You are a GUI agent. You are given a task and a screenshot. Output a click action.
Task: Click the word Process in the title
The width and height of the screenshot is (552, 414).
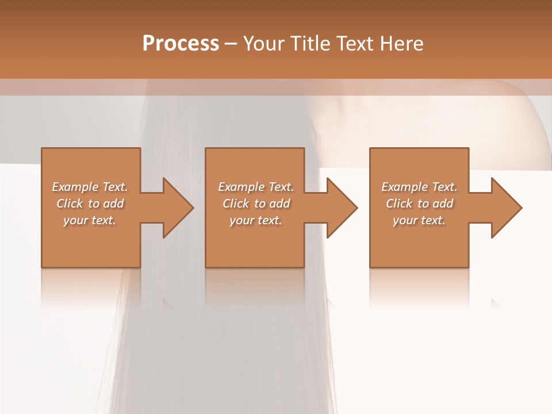coord(181,44)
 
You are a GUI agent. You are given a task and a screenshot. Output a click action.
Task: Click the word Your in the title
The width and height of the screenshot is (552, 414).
coord(263,44)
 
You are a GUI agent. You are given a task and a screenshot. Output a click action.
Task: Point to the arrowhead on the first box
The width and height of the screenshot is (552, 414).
coord(175,208)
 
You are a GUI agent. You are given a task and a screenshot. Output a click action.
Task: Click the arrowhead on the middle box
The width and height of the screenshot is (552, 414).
coord(339,208)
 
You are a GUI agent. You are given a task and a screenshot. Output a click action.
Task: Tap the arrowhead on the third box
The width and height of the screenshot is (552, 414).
coord(504,208)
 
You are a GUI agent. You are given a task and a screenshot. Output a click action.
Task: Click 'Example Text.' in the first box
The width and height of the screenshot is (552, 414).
coord(90,187)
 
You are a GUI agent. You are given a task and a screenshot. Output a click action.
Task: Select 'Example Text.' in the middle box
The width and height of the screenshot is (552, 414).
coord(256,187)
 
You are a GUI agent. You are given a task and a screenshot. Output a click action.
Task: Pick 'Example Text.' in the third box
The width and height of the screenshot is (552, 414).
coord(419,187)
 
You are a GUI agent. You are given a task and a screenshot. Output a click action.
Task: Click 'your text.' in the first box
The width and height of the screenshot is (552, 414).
coord(90,220)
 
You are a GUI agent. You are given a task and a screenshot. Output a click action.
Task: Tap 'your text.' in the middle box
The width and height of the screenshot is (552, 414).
coord(256,220)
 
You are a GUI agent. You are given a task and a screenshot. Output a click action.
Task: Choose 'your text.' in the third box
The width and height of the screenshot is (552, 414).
coord(419,220)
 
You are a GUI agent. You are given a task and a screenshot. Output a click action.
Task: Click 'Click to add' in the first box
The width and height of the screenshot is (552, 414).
coord(90,204)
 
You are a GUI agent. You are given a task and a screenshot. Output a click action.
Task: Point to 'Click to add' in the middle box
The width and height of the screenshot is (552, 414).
coord(256,204)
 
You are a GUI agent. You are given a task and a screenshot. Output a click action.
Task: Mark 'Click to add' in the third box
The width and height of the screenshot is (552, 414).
coord(419,204)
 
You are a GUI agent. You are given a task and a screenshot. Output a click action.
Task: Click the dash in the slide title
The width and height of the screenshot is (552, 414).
coord(231,44)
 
